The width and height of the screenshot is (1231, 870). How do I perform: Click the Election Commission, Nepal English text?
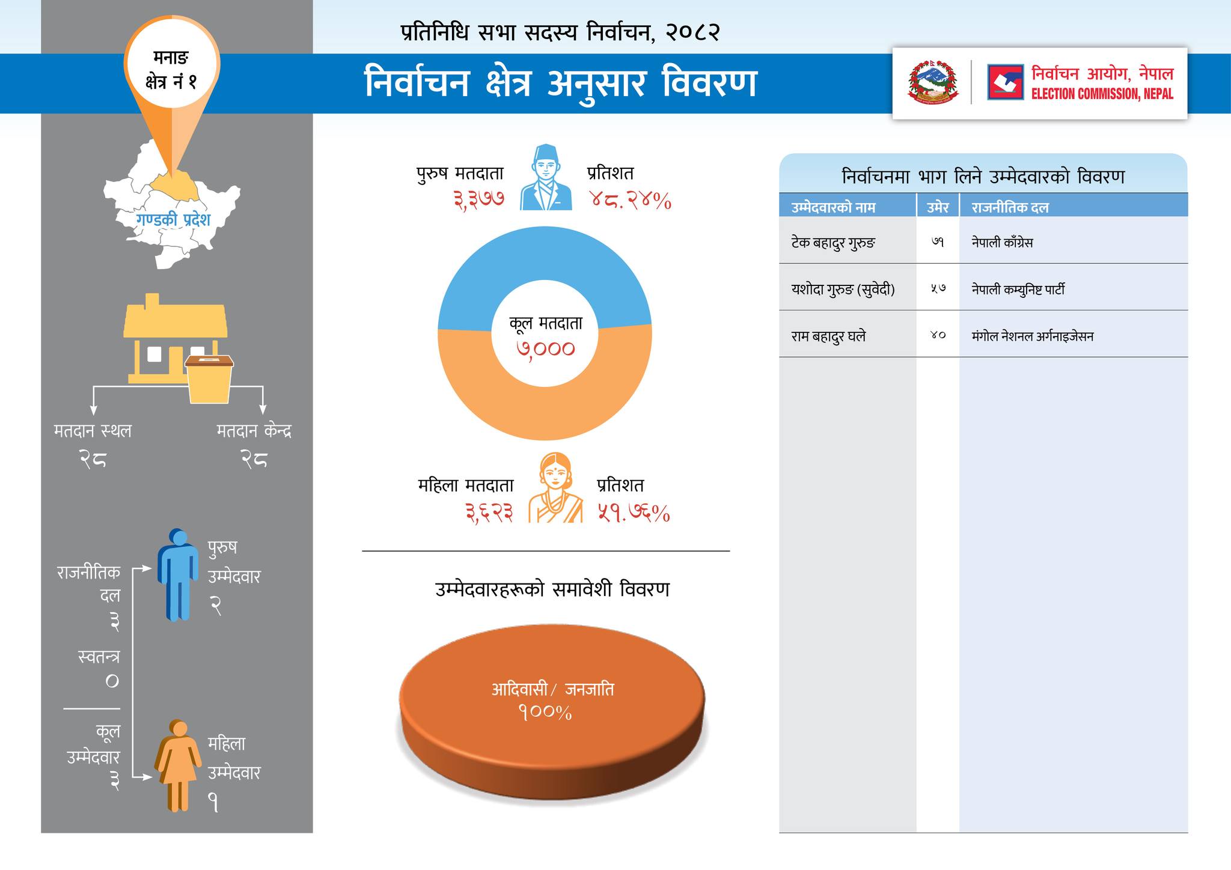[1102, 94]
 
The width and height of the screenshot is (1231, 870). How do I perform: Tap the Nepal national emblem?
[932, 82]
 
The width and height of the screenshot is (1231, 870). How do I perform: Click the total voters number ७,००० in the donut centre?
[546, 348]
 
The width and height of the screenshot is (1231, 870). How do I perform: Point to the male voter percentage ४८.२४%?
[629, 200]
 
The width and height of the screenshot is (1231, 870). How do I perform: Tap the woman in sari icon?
[555, 488]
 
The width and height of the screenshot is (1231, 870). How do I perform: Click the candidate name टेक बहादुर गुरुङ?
[833, 243]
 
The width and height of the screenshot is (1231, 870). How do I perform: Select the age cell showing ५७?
[938, 289]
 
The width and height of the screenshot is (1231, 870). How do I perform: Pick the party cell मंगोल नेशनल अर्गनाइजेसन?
[1032, 336]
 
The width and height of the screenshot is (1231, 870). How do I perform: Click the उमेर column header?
[938, 207]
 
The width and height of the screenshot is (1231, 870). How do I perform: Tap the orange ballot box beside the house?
[209, 379]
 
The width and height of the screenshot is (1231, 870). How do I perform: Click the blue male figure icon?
[177, 574]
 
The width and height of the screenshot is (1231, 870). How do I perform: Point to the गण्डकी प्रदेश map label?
[173, 220]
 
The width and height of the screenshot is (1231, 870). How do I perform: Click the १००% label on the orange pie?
[545, 713]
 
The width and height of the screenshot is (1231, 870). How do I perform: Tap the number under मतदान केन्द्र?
[254, 460]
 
